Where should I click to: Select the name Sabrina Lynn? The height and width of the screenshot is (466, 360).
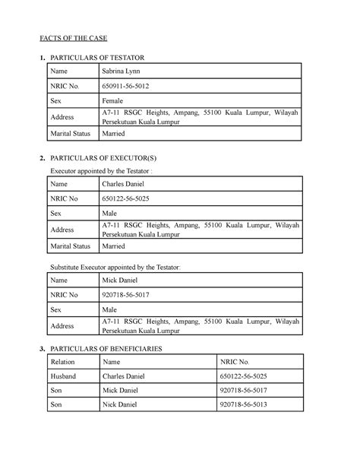tap(123, 71)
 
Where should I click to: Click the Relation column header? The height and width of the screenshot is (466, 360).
tap(64, 362)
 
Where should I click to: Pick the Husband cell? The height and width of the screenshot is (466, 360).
tap(65, 377)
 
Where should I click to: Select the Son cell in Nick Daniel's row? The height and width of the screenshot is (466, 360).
tap(57, 405)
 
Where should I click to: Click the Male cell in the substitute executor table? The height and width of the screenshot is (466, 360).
tap(112, 311)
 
